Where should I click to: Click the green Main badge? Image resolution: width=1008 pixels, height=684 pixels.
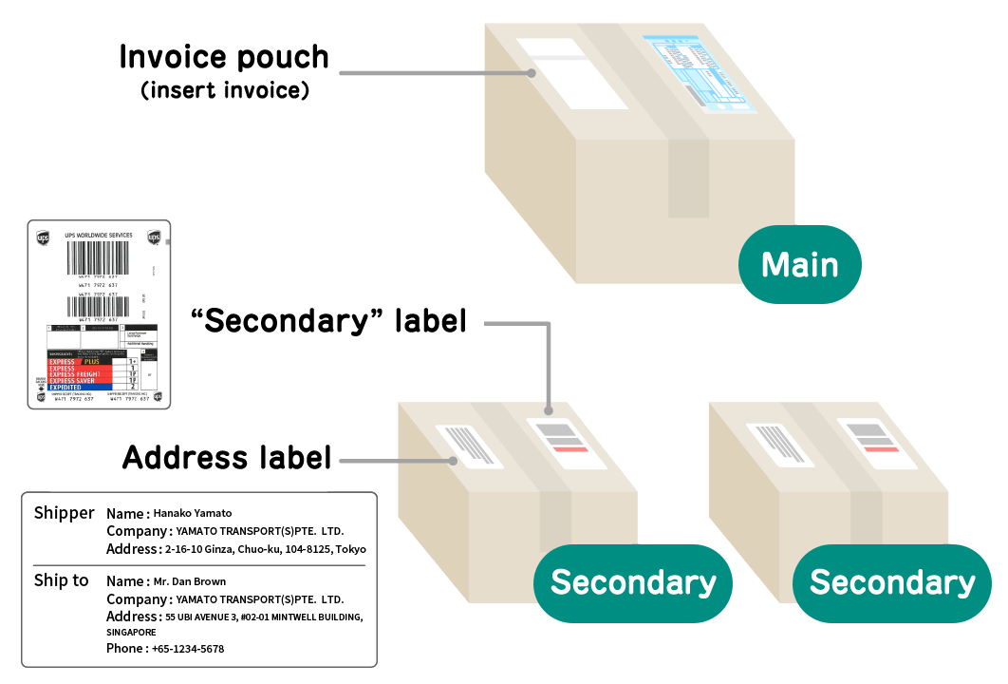pyautogui.click(x=799, y=264)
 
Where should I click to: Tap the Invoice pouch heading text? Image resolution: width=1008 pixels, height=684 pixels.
pyautogui.click(x=224, y=58)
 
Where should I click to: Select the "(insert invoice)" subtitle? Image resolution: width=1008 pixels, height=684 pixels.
pyautogui.click(x=225, y=92)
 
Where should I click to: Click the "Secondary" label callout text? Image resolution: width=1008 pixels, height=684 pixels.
pyautogui.click(x=329, y=321)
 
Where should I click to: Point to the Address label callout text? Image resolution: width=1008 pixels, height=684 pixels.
pyautogui.click(x=227, y=458)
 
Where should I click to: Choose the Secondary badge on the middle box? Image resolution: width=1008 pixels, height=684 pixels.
pyautogui.click(x=632, y=582)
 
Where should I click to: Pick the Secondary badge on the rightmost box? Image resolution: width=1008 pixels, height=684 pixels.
pyautogui.click(x=891, y=582)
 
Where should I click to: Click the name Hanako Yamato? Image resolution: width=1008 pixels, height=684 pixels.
pyautogui.click(x=193, y=513)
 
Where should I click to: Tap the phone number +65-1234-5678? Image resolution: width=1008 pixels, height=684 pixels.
pyautogui.click(x=188, y=649)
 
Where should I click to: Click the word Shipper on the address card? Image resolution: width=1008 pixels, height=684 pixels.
pyautogui.click(x=64, y=513)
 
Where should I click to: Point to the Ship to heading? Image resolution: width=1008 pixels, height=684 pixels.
pyautogui.click(x=61, y=580)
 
